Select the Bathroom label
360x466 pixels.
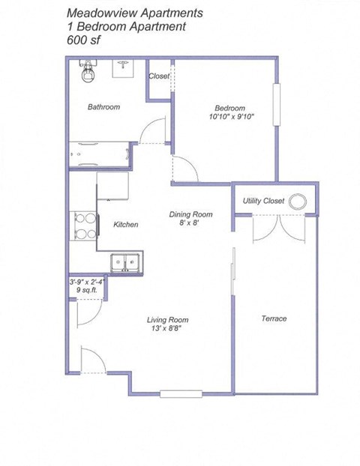(x=103, y=107)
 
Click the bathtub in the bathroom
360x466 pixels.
(x=103, y=153)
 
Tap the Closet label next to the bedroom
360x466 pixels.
(x=159, y=76)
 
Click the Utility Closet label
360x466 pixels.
(x=262, y=201)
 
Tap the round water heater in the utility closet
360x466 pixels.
(x=299, y=201)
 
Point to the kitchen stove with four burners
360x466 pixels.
(x=84, y=226)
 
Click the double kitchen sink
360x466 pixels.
(x=125, y=262)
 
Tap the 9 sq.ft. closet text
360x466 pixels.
(x=85, y=291)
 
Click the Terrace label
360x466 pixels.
(x=274, y=318)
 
